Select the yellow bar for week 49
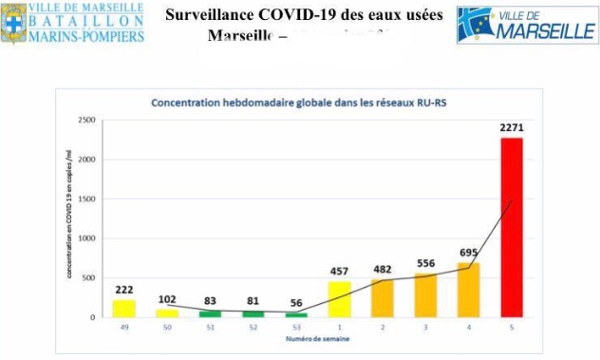(x=123, y=309)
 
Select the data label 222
(x=123, y=289)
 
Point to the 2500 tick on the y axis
(x=88, y=121)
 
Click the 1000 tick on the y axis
(x=88, y=238)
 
